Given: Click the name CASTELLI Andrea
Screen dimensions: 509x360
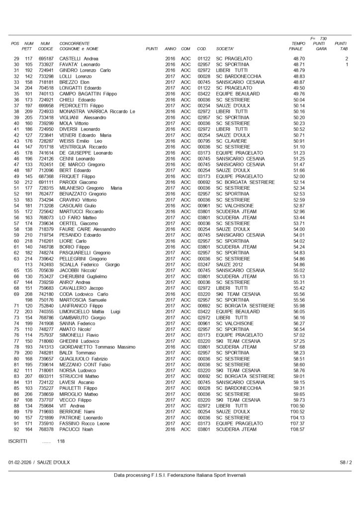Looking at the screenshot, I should (79, 59).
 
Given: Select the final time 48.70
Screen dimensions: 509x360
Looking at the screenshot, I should (299, 59).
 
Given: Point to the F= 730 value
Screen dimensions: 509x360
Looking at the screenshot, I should (319, 38).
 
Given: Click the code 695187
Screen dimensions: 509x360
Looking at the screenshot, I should (46, 59).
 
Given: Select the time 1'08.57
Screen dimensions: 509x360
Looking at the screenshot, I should (297, 429).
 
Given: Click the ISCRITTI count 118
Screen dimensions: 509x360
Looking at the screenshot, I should (61, 441).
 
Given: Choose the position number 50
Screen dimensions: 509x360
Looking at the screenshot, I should (16, 182).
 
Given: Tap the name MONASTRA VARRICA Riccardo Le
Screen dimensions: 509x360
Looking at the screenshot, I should (97, 112).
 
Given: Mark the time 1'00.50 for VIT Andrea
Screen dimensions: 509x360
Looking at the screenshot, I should (297, 406).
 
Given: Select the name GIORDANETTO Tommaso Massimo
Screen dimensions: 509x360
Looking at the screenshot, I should (97, 347).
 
